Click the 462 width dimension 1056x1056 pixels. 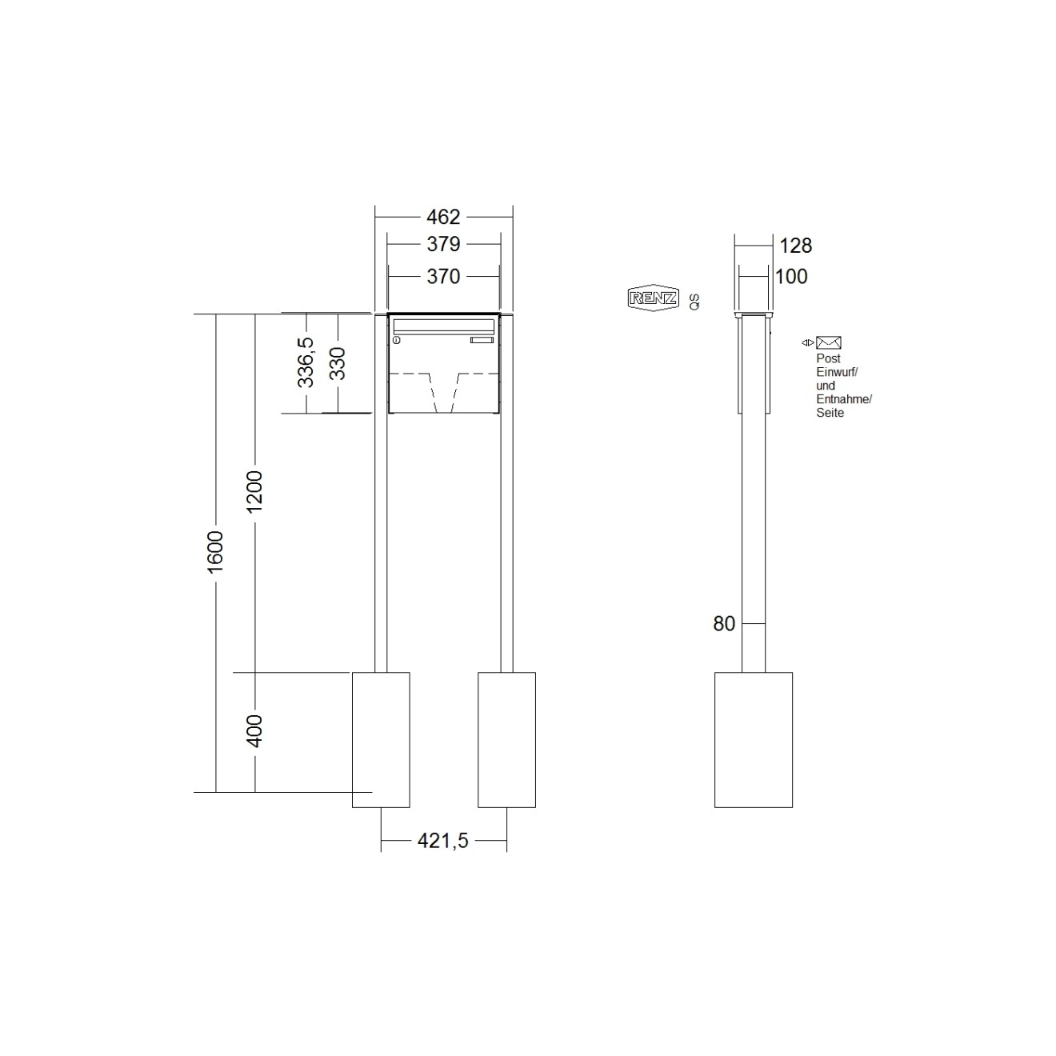point(443,217)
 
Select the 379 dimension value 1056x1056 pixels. point(443,243)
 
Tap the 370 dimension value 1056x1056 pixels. point(443,276)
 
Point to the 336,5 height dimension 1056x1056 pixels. point(306,362)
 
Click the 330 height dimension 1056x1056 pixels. point(337,362)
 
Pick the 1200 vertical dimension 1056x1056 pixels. point(254,491)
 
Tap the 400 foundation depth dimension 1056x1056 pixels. point(254,730)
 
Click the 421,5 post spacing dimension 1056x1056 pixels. point(442,841)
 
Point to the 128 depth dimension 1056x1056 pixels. point(796,246)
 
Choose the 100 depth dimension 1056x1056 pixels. point(792,276)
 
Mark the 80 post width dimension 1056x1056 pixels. point(724,624)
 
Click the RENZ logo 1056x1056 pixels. point(654,298)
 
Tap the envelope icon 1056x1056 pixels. point(829,342)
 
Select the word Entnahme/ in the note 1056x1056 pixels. point(844,399)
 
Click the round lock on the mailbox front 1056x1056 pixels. point(396,342)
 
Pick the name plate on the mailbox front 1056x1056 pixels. point(482,342)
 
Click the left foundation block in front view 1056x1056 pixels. point(382,739)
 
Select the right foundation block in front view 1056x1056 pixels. point(506,739)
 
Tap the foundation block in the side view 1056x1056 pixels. point(753,739)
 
